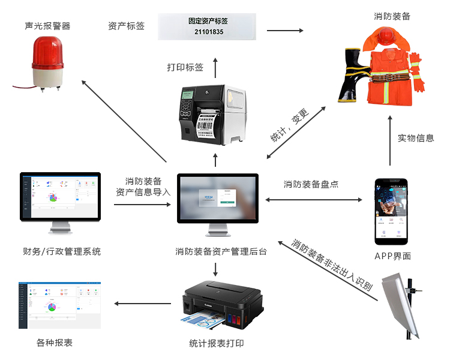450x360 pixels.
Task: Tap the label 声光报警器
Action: click(47, 26)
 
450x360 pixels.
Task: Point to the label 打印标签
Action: click(185, 67)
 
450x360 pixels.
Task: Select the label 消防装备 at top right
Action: click(392, 16)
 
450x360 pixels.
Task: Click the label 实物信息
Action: click(416, 138)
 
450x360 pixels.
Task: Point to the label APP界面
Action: click(391, 256)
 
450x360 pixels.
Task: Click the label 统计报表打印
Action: click(217, 344)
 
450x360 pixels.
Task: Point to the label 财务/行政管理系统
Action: click(62, 252)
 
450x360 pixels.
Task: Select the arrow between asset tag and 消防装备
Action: click(284, 31)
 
